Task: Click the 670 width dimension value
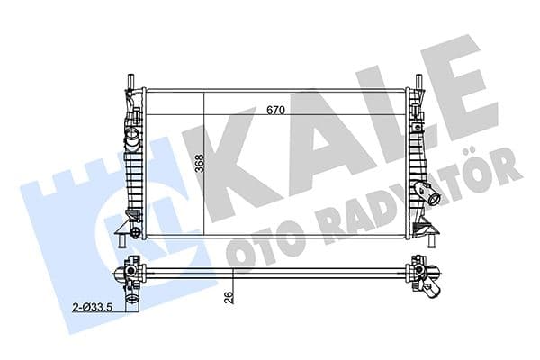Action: (276, 111)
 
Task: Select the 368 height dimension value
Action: (200, 164)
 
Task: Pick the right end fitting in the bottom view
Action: (421, 272)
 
